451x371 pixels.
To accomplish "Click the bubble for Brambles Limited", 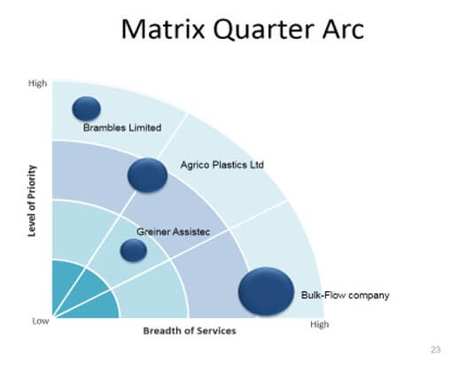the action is coord(87,109).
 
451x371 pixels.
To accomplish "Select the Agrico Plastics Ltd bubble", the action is coord(148,175).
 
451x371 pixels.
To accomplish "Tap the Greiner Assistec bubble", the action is coord(134,251).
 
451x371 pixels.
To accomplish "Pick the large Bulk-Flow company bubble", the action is coord(266,291).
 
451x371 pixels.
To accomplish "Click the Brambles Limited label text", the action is coord(122,128).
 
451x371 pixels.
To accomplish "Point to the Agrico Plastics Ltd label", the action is coord(222,165).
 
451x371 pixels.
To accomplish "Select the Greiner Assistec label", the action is coord(174,232).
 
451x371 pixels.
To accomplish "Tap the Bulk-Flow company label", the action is coord(345,295).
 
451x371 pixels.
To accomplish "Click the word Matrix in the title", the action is coord(163,29).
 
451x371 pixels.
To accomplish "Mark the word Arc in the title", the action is coord(343,29).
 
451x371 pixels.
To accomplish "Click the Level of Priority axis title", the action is coord(32,201).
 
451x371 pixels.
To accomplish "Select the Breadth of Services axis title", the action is coord(190,331).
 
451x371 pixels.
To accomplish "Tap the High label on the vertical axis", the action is coord(37,83).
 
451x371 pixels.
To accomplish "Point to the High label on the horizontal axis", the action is coord(320,325).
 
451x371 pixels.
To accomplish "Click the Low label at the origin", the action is coord(41,321).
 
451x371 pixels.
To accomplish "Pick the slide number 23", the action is coord(436,350).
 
